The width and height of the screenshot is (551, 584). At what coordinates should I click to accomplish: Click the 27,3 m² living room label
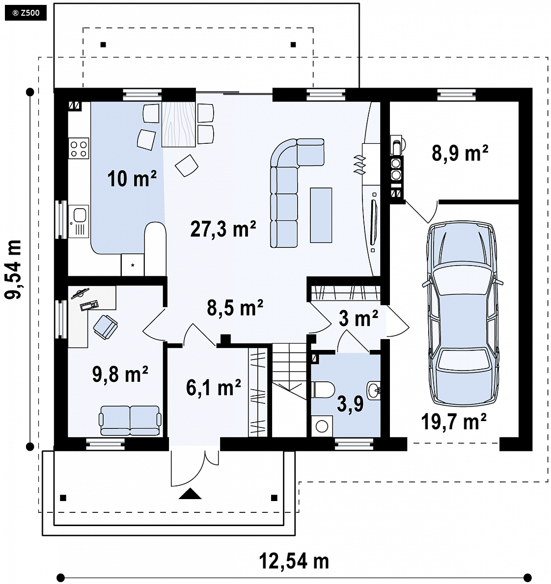click(223, 229)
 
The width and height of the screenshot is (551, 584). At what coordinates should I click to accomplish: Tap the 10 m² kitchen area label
click(132, 178)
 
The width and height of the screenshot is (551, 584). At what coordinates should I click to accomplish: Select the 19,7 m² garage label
click(453, 422)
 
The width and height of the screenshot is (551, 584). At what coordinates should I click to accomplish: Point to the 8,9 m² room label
click(460, 153)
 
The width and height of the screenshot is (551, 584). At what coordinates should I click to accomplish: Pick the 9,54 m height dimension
click(13, 269)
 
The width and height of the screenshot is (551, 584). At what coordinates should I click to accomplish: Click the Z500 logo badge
click(26, 13)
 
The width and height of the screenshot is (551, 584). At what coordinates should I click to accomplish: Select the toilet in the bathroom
click(323, 389)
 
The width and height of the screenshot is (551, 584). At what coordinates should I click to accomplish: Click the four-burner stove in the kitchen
click(79, 148)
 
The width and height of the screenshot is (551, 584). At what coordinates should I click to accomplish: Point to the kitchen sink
click(79, 221)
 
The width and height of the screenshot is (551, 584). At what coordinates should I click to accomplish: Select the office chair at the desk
click(105, 327)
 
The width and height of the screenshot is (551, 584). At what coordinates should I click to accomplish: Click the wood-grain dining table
click(179, 124)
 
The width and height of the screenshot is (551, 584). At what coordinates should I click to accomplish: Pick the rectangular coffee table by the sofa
click(321, 215)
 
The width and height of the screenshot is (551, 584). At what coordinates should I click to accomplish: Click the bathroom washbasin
click(374, 390)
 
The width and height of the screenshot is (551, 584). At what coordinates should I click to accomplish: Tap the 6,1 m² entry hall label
click(213, 387)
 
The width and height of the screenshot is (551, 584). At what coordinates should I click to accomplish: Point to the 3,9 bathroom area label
click(350, 404)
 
